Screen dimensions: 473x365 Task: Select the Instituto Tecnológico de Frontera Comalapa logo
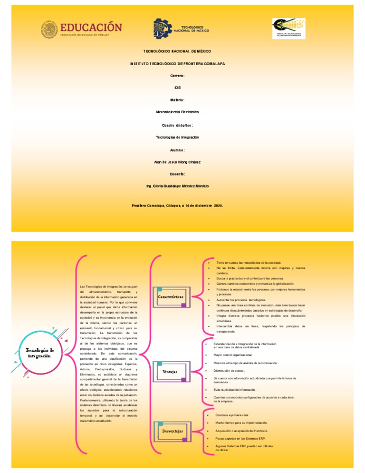pyautogui.click(x=289, y=30)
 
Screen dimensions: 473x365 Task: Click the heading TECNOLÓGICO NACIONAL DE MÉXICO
pyautogui.click(x=176, y=50)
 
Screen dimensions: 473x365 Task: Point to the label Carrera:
pyautogui.click(x=176, y=76)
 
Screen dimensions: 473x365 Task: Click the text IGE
pyautogui.click(x=176, y=88)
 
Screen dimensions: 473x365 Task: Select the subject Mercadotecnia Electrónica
pyautogui.click(x=176, y=112)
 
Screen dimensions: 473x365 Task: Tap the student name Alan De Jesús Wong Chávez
pyautogui.click(x=177, y=162)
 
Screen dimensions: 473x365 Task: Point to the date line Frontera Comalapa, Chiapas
pyautogui.click(x=176, y=206)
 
